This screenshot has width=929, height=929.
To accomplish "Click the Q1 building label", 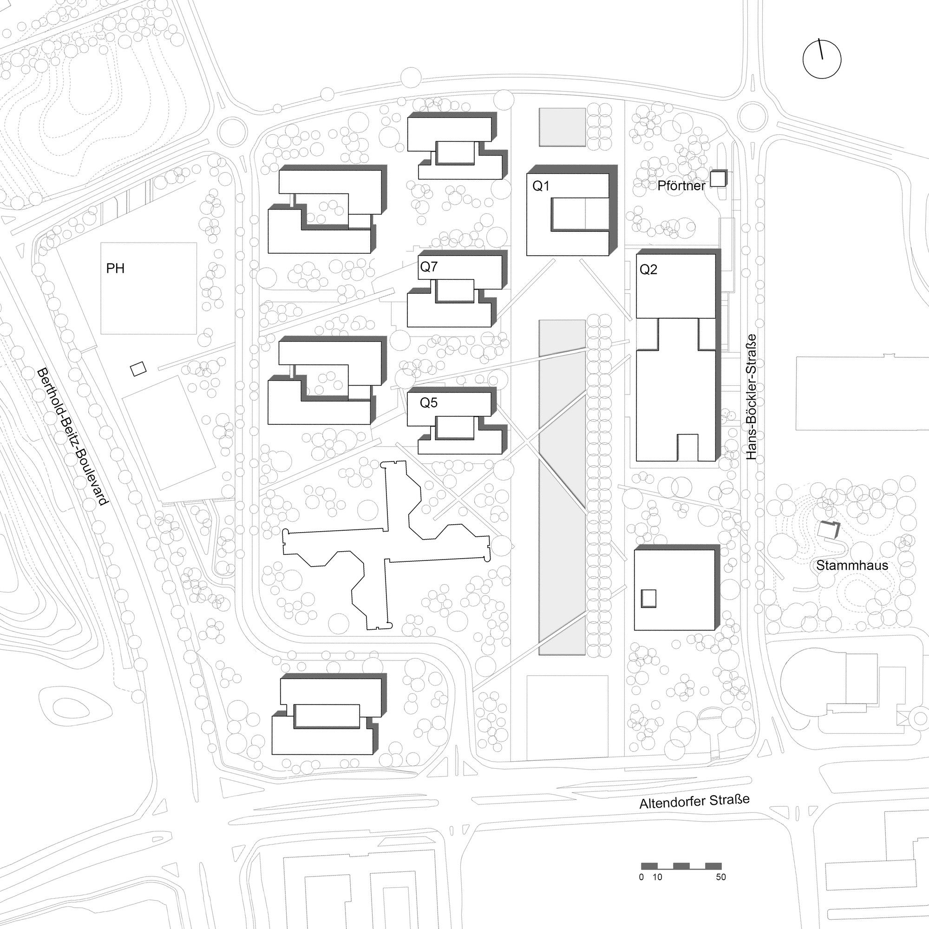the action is [x=541, y=186].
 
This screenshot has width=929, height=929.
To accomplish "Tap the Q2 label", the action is [x=648, y=270].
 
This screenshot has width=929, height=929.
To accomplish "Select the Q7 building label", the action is [x=429, y=267].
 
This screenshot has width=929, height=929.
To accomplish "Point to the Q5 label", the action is [x=429, y=402].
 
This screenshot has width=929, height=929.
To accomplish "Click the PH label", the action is [x=115, y=269].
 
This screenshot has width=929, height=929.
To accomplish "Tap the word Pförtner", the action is [x=681, y=186].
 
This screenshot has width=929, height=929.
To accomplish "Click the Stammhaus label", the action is [x=852, y=566].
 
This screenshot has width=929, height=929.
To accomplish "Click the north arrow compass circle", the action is [x=822, y=59].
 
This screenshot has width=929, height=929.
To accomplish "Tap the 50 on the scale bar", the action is [x=720, y=877].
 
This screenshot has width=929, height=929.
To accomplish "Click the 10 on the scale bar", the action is [x=657, y=877].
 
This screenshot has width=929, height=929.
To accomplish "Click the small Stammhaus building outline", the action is [x=830, y=530].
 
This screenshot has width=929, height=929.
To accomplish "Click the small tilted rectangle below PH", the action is [x=138, y=369].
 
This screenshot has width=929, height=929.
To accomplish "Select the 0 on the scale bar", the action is [x=641, y=877].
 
